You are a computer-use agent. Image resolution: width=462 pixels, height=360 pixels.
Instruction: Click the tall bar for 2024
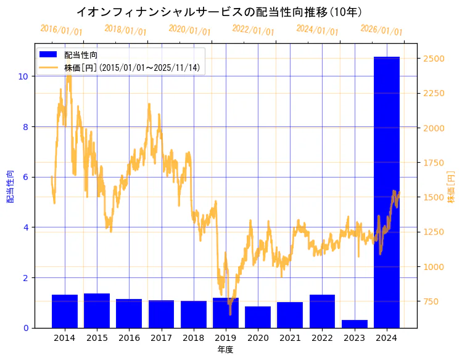click(x=386, y=192)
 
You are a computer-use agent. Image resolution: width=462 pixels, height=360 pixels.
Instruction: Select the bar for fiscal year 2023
click(x=354, y=324)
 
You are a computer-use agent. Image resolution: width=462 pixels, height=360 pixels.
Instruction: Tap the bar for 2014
click(x=65, y=311)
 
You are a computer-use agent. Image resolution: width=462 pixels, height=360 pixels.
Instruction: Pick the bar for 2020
click(x=258, y=317)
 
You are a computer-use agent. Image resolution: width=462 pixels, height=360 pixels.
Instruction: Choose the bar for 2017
click(x=161, y=314)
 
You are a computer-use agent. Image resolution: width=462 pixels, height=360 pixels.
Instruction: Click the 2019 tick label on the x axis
click(x=226, y=338)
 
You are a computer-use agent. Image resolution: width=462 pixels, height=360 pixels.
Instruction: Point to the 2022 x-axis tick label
click(x=322, y=338)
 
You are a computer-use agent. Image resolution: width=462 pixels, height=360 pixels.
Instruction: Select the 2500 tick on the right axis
click(x=434, y=59)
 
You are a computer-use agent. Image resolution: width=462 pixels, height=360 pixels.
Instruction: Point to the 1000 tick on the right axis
click(x=434, y=267)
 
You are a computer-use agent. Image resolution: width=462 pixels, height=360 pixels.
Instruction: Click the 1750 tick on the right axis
click(x=434, y=163)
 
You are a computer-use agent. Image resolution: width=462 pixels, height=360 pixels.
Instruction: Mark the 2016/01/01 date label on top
click(x=61, y=30)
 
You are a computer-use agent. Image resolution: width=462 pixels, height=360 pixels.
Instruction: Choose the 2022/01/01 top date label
click(x=253, y=30)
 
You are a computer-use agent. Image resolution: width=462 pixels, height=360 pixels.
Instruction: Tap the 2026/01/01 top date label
click(x=381, y=30)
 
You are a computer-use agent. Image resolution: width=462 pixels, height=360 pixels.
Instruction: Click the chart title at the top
click(x=219, y=12)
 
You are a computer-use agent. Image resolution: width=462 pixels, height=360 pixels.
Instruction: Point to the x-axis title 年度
click(x=225, y=350)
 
